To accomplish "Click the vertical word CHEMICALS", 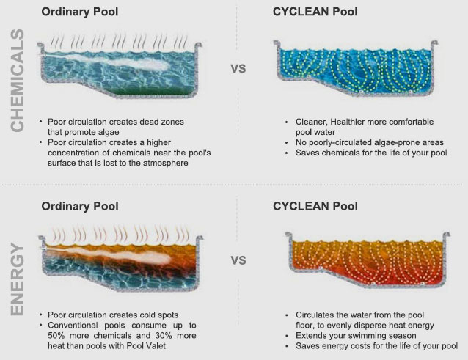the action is click(x=18, y=80).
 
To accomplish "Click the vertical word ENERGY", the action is click(x=18, y=279).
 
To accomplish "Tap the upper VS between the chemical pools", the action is click(x=238, y=69).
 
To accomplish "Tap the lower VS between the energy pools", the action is click(x=238, y=261).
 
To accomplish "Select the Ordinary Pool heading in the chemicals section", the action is click(x=80, y=12).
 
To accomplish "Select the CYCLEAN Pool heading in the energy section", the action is click(x=315, y=207).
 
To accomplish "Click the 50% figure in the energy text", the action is click(x=56, y=336).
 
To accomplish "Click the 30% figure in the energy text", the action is click(x=164, y=336).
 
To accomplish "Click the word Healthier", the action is click(x=347, y=122).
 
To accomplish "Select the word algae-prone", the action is click(x=393, y=142).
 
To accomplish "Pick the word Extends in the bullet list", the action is click(x=310, y=336).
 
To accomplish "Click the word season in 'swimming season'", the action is click(x=402, y=336).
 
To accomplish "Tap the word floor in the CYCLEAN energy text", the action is click(x=305, y=326).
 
